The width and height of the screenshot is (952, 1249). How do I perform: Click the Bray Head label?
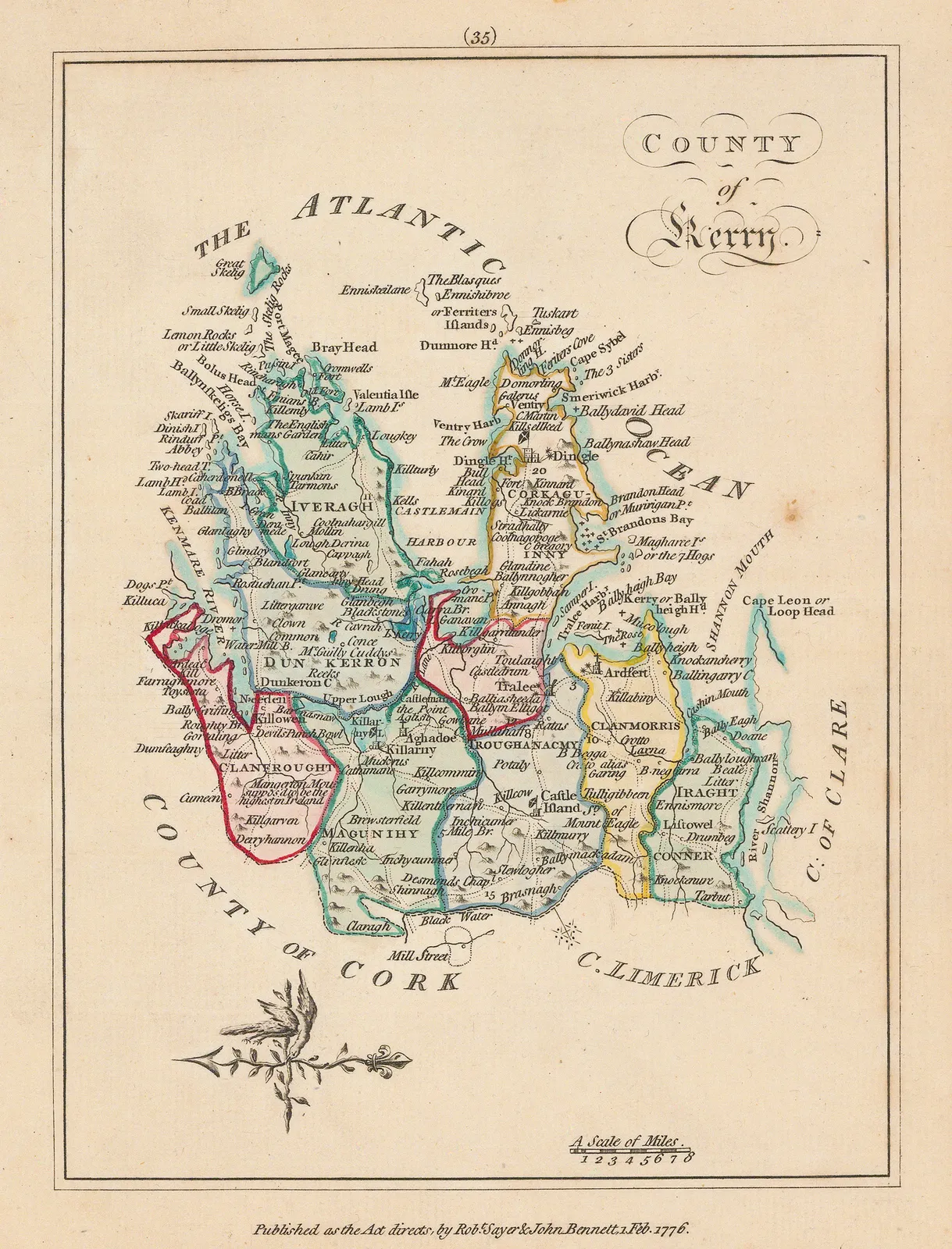344,347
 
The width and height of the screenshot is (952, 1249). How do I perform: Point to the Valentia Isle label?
386,394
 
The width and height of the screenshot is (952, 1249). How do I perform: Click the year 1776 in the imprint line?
669,1229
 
